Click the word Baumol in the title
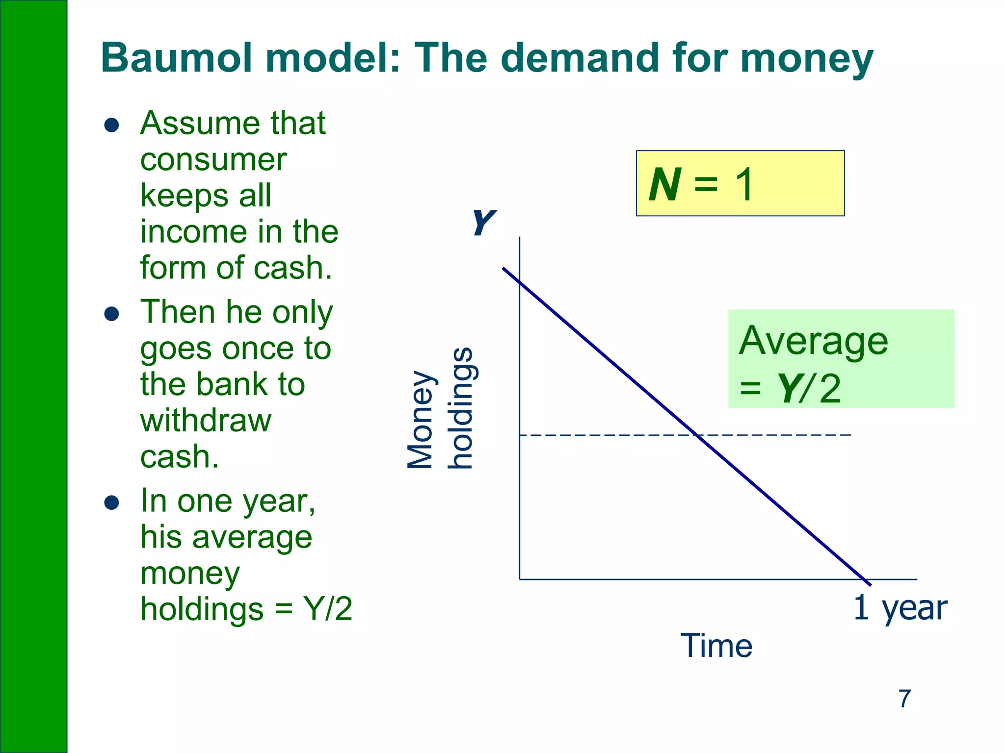click(177, 58)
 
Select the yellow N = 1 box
click(740, 183)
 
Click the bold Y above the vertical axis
click(483, 223)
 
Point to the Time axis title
click(716, 646)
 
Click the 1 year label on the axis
click(900, 608)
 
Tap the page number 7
click(904, 699)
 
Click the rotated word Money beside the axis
click(421, 419)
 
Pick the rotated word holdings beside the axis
click(461, 408)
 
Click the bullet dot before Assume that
click(112, 125)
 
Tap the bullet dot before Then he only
click(112, 314)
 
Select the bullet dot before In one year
click(112, 502)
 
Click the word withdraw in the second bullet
click(206, 421)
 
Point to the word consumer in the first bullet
click(213, 160)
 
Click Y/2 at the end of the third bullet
click(327, 609)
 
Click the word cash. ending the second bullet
click(179, 457)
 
